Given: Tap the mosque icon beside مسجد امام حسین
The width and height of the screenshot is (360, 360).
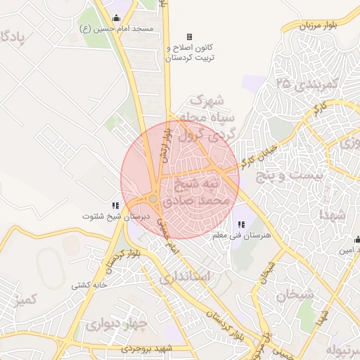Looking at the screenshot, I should (116, 18).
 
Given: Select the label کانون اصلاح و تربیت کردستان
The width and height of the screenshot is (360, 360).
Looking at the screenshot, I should (188, 53).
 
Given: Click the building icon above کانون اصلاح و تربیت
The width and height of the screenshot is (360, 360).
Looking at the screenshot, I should (188, 37).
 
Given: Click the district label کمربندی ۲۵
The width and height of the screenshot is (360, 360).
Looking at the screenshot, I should (307, 84).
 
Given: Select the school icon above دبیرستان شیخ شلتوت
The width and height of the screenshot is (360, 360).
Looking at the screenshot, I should (115, 205).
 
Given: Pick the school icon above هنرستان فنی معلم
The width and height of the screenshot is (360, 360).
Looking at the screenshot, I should (241, 224).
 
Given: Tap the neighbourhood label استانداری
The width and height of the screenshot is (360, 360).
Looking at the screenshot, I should (184, 277).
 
